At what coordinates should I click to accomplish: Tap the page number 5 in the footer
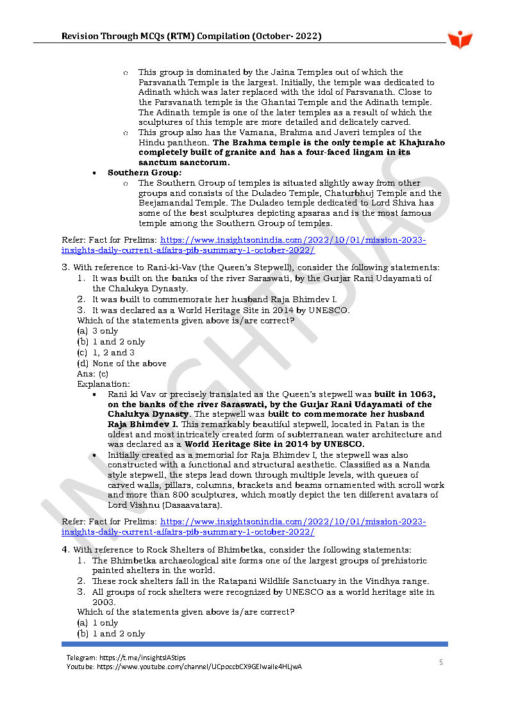440,662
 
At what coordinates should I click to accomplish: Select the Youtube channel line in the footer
184,666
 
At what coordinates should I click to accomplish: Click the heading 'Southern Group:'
145,173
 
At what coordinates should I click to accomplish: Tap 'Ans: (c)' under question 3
92,373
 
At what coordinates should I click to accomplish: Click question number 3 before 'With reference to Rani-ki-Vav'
65,267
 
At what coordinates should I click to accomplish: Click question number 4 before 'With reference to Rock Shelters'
65,549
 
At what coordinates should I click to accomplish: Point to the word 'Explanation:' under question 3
103,384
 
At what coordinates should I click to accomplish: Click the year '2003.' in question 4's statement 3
103,602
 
